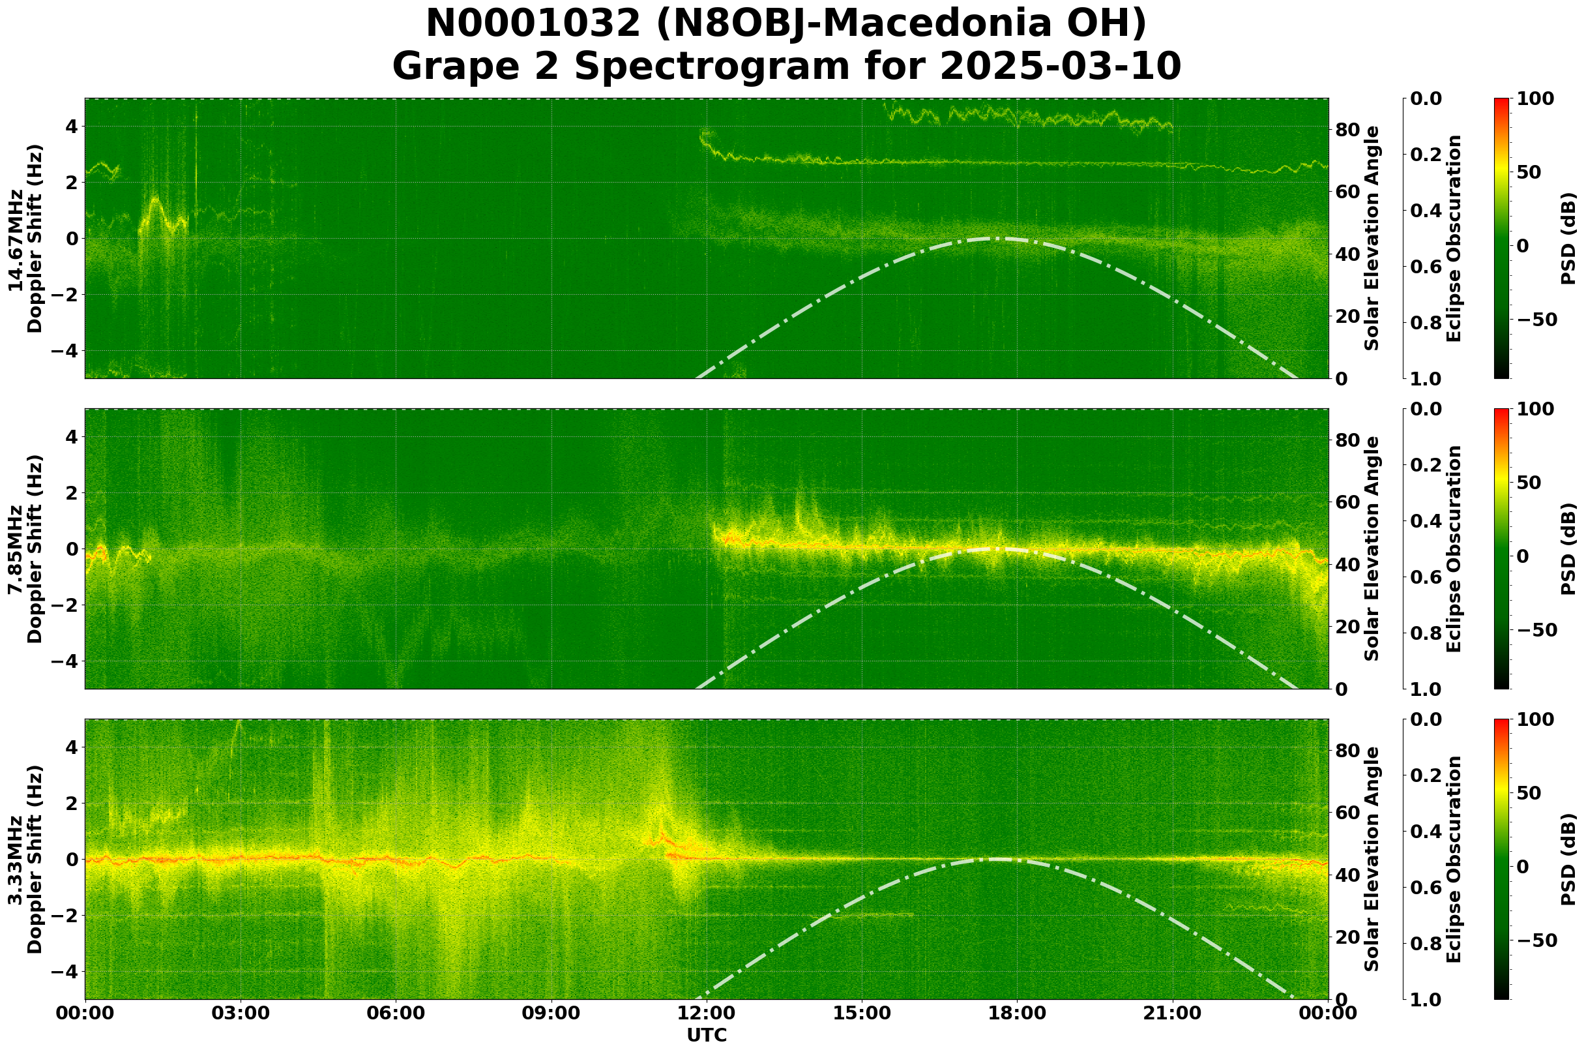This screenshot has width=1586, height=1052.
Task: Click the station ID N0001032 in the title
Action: pos(534,24)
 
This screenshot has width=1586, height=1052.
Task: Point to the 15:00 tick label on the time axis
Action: pos(862,1013)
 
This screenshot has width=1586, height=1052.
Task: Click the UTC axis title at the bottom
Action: pos(706,1035)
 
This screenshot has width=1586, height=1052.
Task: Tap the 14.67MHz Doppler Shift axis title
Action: pos(25,239)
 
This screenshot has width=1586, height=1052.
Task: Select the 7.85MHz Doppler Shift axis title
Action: pos(25,549)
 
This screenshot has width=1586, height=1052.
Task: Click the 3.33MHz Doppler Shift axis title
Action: pos(25,860)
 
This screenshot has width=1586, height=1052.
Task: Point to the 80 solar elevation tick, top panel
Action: pos(1347,130)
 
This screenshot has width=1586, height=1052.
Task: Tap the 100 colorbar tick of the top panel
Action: pos(1535,99)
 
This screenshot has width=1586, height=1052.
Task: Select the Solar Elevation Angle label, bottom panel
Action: pos(1372,860)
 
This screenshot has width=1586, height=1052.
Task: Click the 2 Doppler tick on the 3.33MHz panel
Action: pos(71,803)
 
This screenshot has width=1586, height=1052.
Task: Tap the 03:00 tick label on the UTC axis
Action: pos(240,1013)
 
